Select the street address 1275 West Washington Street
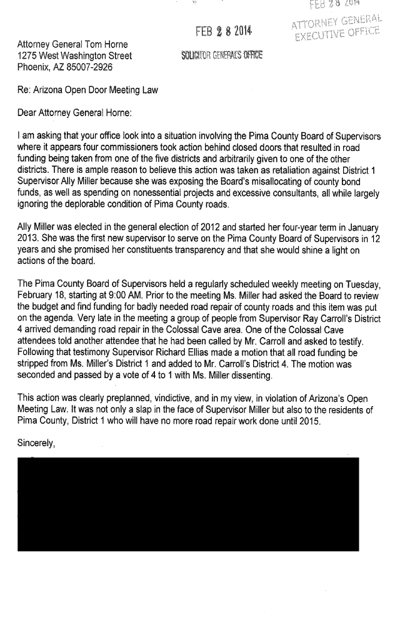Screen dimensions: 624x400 (x=73, y=57)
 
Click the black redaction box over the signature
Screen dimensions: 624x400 (x=188, y=503)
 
